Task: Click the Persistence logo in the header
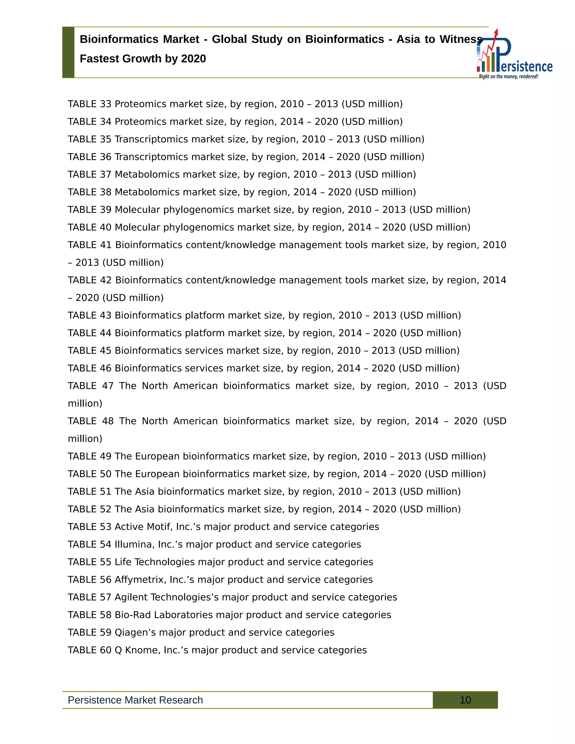(514, 58)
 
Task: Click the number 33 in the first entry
(106, 104)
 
